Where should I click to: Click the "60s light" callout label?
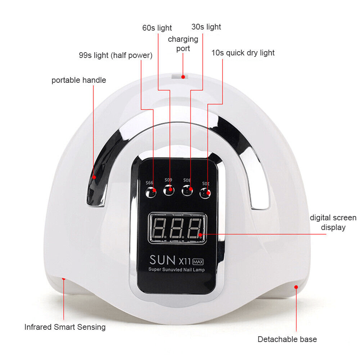[157, 28]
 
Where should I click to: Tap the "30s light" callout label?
[206, 27]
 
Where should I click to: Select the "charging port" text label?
[183, 44]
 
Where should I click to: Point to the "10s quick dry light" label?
[243, 53]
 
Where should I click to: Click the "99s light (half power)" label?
[116, 55]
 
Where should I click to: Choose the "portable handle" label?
[79, 80]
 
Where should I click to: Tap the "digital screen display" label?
[333, 222]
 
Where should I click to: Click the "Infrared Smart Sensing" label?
[65, 327]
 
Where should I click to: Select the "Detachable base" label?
[287, 339]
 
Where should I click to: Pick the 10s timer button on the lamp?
[206, 193]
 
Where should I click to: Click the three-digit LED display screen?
[177, 228]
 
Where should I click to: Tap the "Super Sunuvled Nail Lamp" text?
[176, 269]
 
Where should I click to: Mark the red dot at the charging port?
[183, 77]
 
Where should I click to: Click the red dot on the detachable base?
[296, 287]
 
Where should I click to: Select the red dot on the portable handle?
[94, 177]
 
